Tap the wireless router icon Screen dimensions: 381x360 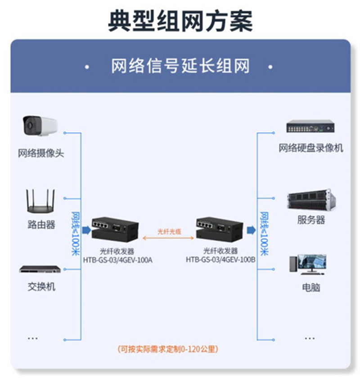pyautogui.click(x=40, y=201)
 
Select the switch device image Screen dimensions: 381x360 pyautogui.click(x=40, y=269)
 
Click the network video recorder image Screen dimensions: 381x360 pyautogui.click(x=310, y=126)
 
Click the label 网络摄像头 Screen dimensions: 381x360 pyautogui.click(x=41, y=153)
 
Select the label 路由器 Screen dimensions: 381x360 pyautogui.click(x=41, y=224)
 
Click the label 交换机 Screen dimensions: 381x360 pyautogui.click(x=41, y=287)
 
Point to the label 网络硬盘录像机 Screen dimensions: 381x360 pyautogui.click(x=311, y=148)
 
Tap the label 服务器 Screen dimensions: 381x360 pyautogui.click(x=311, y=220)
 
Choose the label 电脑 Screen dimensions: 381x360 pyautogui.click(x=311, y=287)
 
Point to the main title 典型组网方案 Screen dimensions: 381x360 pyautogui.click(x=180, y=21)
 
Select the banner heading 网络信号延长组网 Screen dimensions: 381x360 pyautogui.click(x=180, y=67)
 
